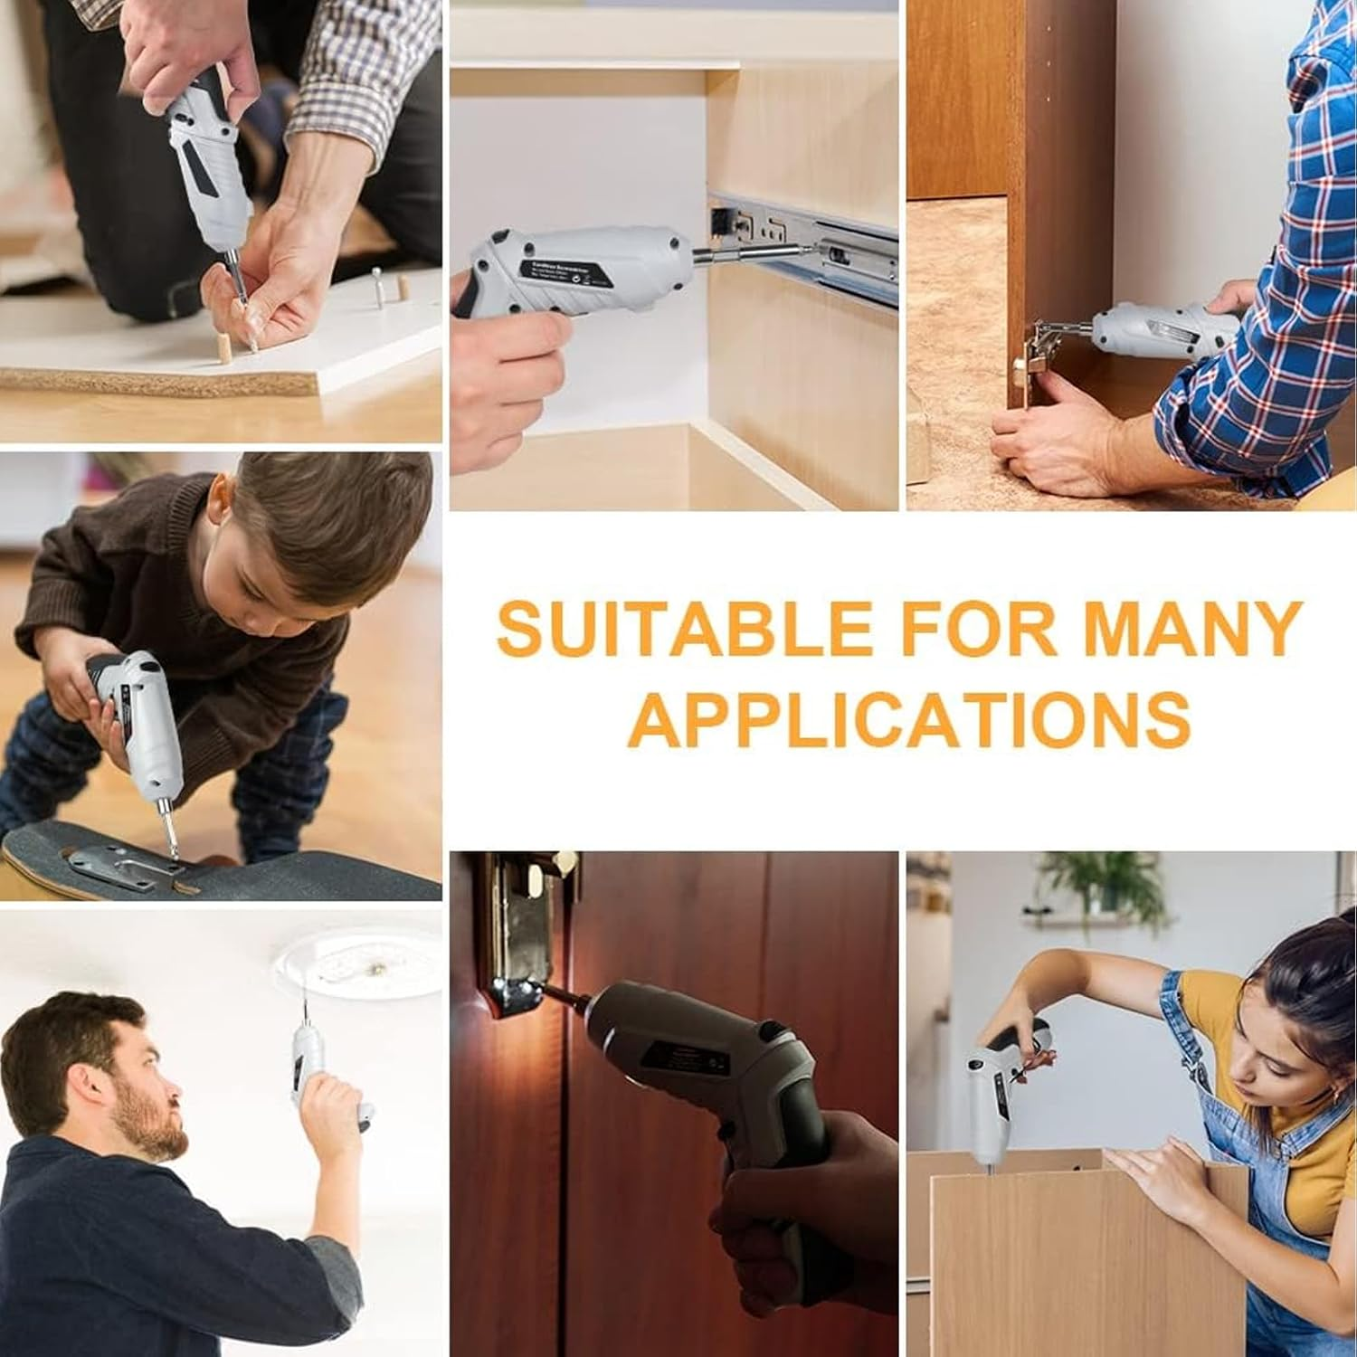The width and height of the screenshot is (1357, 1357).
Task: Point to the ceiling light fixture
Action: [x=357, y=963]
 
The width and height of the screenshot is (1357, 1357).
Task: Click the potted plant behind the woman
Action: [x=1104, y=887]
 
